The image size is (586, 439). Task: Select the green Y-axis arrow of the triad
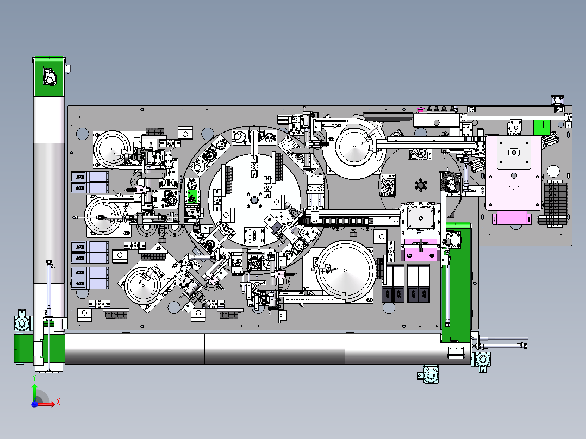pyautogui.click(x=34, y=391)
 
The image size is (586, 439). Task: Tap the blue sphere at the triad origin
pyautogui.click(x=34, y=404)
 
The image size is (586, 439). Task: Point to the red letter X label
pyautogui.click(x=58, y=402)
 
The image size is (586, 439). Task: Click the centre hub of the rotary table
pyautogui.click(x=253, y=200)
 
